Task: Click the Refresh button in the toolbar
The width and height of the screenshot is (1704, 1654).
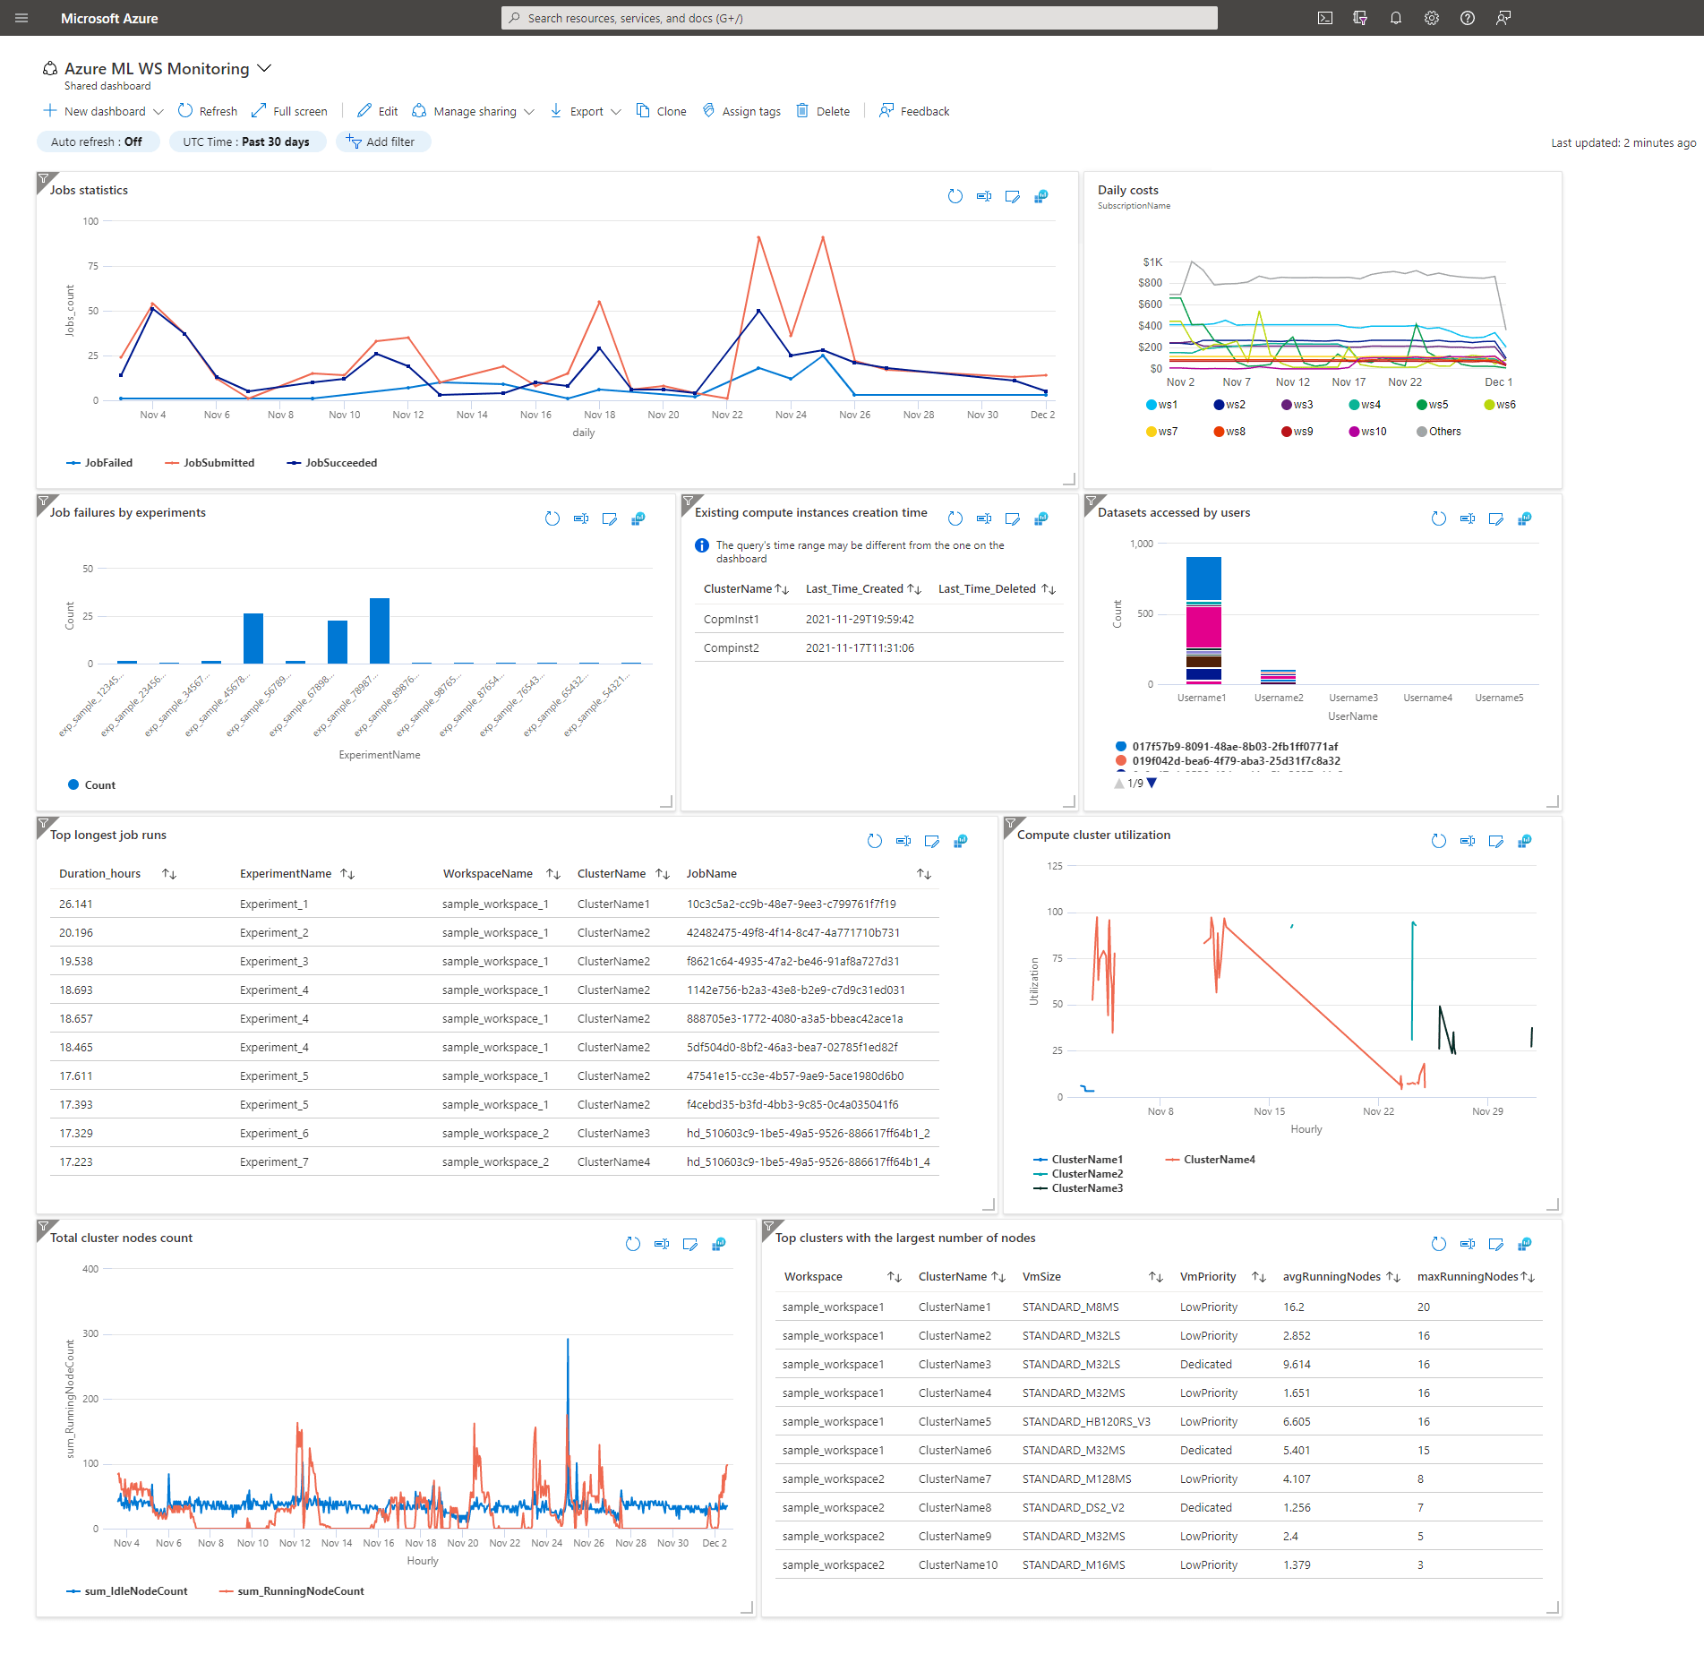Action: [x=208, y=111]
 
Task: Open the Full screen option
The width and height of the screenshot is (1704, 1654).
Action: [x=289, y=111]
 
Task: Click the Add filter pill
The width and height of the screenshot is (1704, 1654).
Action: [x=383, y=141]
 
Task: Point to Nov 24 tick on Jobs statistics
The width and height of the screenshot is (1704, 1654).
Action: [x=791, y=415]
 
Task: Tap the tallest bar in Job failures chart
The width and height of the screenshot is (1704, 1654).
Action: [x=380, y=630]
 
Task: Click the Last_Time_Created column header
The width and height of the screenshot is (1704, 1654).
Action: [x=854, y=589]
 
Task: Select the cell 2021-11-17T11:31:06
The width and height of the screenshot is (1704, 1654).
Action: [x=860, y=648]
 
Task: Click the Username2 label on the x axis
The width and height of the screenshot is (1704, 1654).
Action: [x=1279, y=698]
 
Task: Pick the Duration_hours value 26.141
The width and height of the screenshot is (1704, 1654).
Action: [x=76, y=904]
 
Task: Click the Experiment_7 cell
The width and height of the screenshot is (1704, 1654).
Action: [x=274, y=1162]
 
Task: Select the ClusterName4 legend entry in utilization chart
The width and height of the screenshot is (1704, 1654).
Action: [x=1219, y=1160]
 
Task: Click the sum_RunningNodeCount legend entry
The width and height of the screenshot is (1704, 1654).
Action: [x=300, y=1591]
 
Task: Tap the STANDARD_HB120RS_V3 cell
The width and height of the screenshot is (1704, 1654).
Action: [x=1086, y=1422]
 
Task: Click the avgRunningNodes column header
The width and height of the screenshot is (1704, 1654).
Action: [x=1332, y=1277]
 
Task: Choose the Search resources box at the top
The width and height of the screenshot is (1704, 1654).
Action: [x=860, y=18]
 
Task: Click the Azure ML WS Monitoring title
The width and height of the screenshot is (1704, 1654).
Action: [x=157, y=69]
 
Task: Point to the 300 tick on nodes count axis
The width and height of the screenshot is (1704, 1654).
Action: [x=90, y=1333]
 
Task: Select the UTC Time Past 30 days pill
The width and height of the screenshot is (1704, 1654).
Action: [x=246, y=141]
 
